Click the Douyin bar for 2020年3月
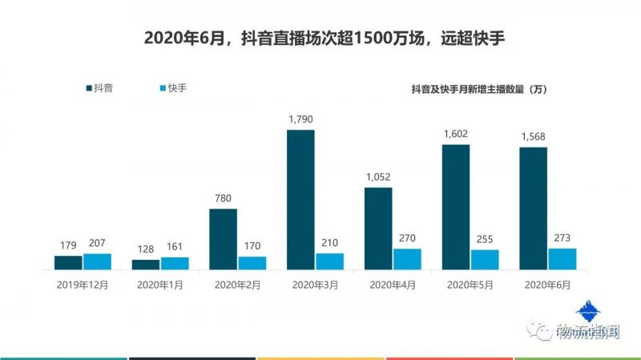coord(300,199)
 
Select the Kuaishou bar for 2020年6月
coord(562,259)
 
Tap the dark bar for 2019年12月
coord(68,262)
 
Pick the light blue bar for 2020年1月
coord(175,263)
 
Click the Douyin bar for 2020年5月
coord(455,207)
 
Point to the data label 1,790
coord(300,119)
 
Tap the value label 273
coord(562,238)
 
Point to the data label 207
coord(97,244)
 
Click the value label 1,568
coord(533,136)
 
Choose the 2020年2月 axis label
coord(223,284)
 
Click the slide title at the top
coord(320,38)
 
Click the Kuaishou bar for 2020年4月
coord(407,259)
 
